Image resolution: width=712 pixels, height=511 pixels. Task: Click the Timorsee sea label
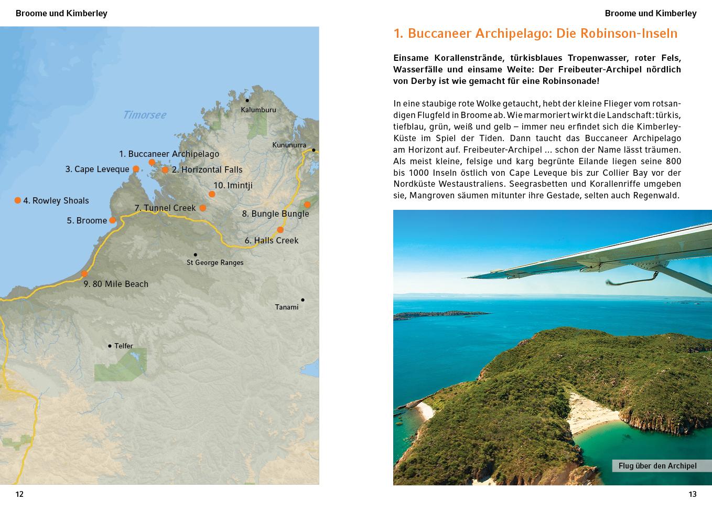[144, 115]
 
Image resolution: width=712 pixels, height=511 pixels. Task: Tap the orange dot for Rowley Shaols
[18, 200]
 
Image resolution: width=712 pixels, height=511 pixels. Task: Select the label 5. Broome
[87, 220]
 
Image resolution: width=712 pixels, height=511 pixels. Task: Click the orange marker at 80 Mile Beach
[84, 274]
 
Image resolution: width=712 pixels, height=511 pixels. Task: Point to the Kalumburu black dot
[247, 100]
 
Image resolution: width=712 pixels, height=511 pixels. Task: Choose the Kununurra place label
[289, 145]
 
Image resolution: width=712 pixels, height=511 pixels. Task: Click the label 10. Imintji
[233, 185]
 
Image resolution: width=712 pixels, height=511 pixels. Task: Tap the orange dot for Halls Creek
[280, 230]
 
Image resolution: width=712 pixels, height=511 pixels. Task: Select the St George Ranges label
[215, 262]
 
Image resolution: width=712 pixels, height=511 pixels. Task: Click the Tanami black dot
[303, 300]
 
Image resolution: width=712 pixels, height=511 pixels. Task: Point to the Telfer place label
[124, 346]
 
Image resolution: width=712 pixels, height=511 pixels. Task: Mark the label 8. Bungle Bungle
[275, 214]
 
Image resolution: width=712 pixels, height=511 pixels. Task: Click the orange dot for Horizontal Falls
[165, 170]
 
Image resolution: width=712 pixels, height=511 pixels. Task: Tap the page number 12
[19, 494]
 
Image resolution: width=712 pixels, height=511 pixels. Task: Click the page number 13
[692, 494]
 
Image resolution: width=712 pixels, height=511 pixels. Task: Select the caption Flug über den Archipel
[657, 466]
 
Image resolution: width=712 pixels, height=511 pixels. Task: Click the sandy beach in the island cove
[592, 414]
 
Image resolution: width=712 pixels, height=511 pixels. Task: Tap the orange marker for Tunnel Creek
[203, 208]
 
